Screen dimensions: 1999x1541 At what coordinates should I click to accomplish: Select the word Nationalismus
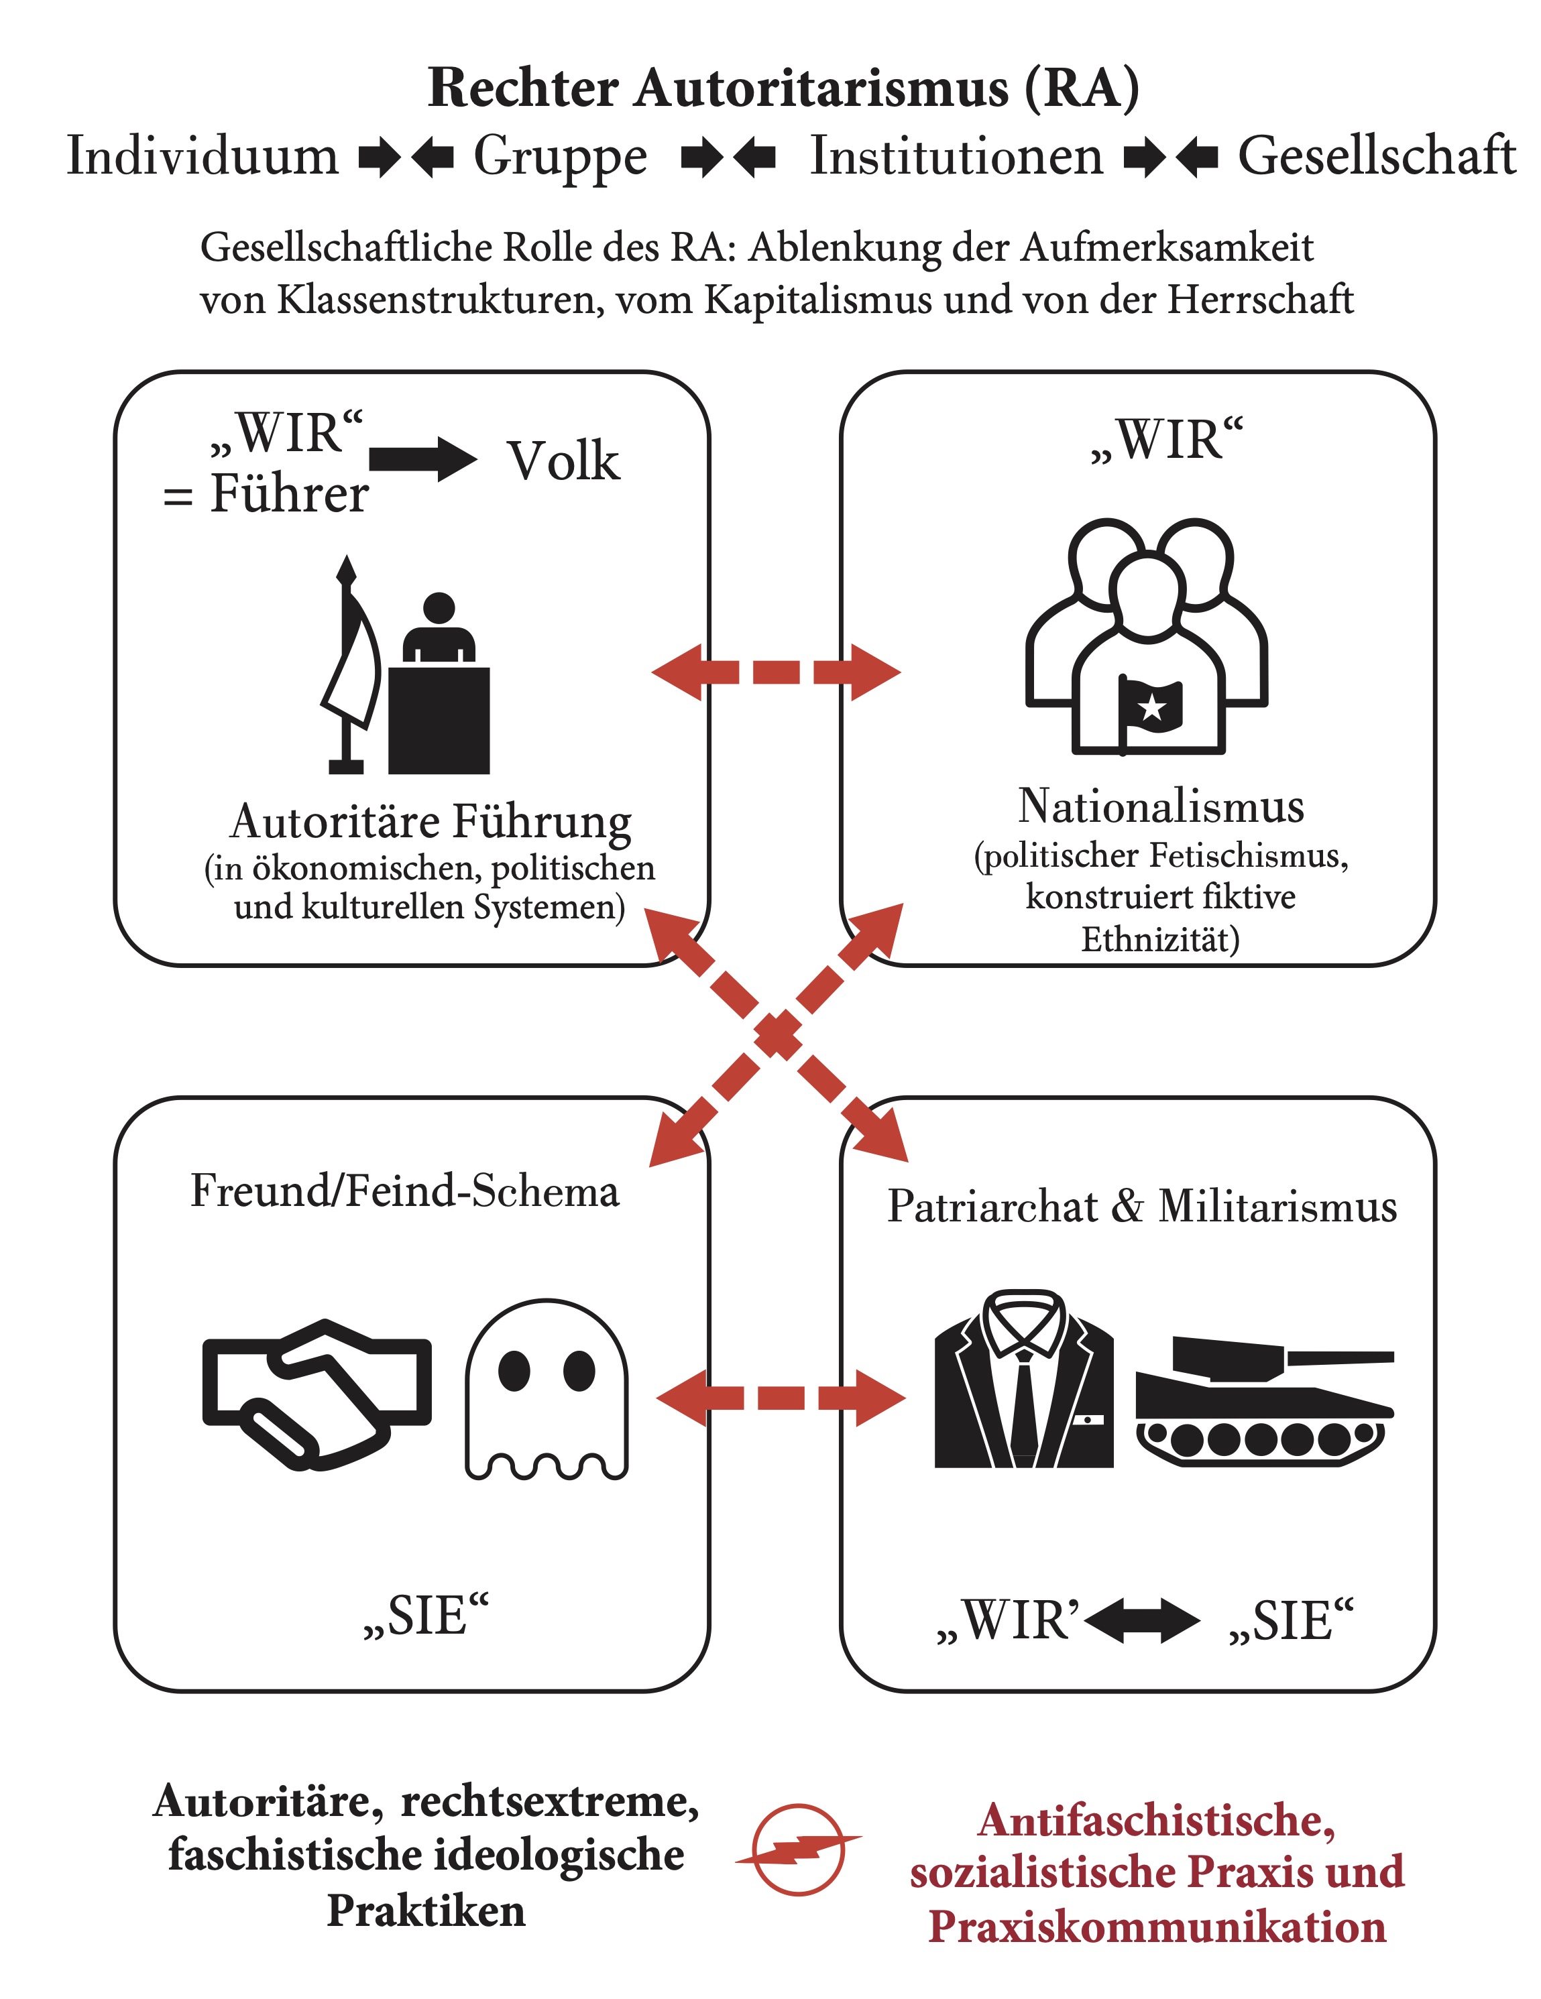click(1161, 806)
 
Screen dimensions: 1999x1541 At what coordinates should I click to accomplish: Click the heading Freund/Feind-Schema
click(405, 1191)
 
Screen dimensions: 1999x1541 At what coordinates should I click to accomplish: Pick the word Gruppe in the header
click(561, 156)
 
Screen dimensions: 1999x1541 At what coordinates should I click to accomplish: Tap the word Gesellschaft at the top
click(1376, 156)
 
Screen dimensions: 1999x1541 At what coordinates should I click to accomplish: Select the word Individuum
click(203, 156)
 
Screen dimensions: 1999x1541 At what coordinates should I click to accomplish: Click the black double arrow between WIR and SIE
click(1142, 1620)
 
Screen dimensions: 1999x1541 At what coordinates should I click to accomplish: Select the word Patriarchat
click(992, 1207)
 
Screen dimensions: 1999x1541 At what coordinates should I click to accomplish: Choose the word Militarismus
click(1277, 1207)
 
